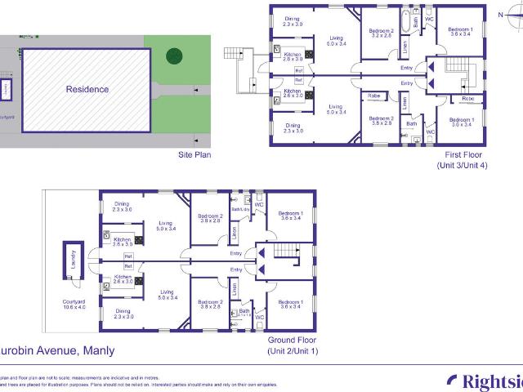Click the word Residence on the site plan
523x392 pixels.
click(x=87, y=89)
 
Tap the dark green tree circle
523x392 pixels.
click(x=174, y=56)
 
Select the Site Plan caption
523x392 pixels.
click(x=196, y=154)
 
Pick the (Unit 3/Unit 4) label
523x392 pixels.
click(x=462, y=166)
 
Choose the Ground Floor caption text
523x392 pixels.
click(x=290, y=340)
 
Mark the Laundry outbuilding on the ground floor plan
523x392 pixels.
click(x=74, y=260)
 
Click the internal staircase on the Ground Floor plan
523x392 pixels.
click(x=287, y=252)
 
